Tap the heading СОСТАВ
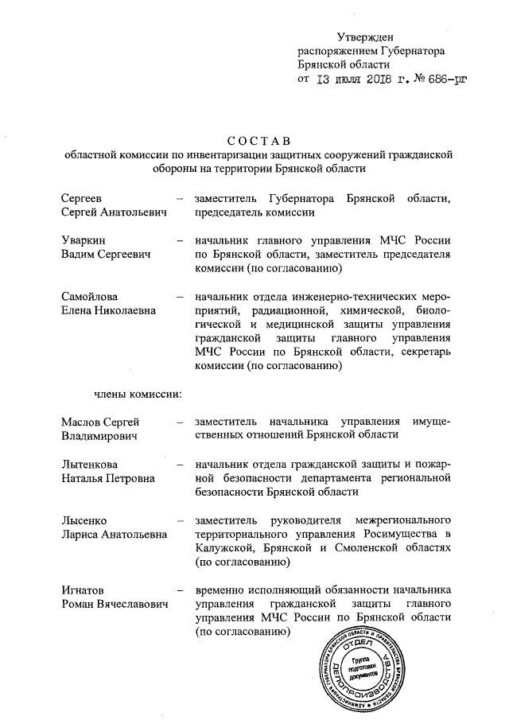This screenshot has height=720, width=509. (254, 141)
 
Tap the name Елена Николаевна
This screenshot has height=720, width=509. (109, 311)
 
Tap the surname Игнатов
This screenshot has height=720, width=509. (84, 591)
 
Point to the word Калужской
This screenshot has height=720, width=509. (224, 549)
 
